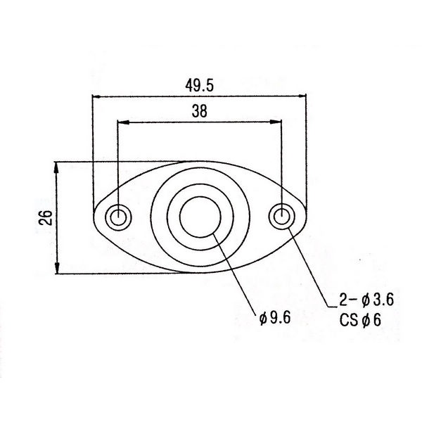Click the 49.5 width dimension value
click(199, 86)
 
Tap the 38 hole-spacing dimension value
click(200, 111)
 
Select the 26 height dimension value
click(46, 217)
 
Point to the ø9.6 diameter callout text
click(275, 318)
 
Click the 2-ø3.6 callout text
click(366, 300)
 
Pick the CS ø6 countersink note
click(360, 320)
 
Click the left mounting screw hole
click(118, 217)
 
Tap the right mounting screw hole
click(282, 217)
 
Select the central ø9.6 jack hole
click(200, 217)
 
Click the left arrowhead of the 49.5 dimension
click(96, 96)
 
